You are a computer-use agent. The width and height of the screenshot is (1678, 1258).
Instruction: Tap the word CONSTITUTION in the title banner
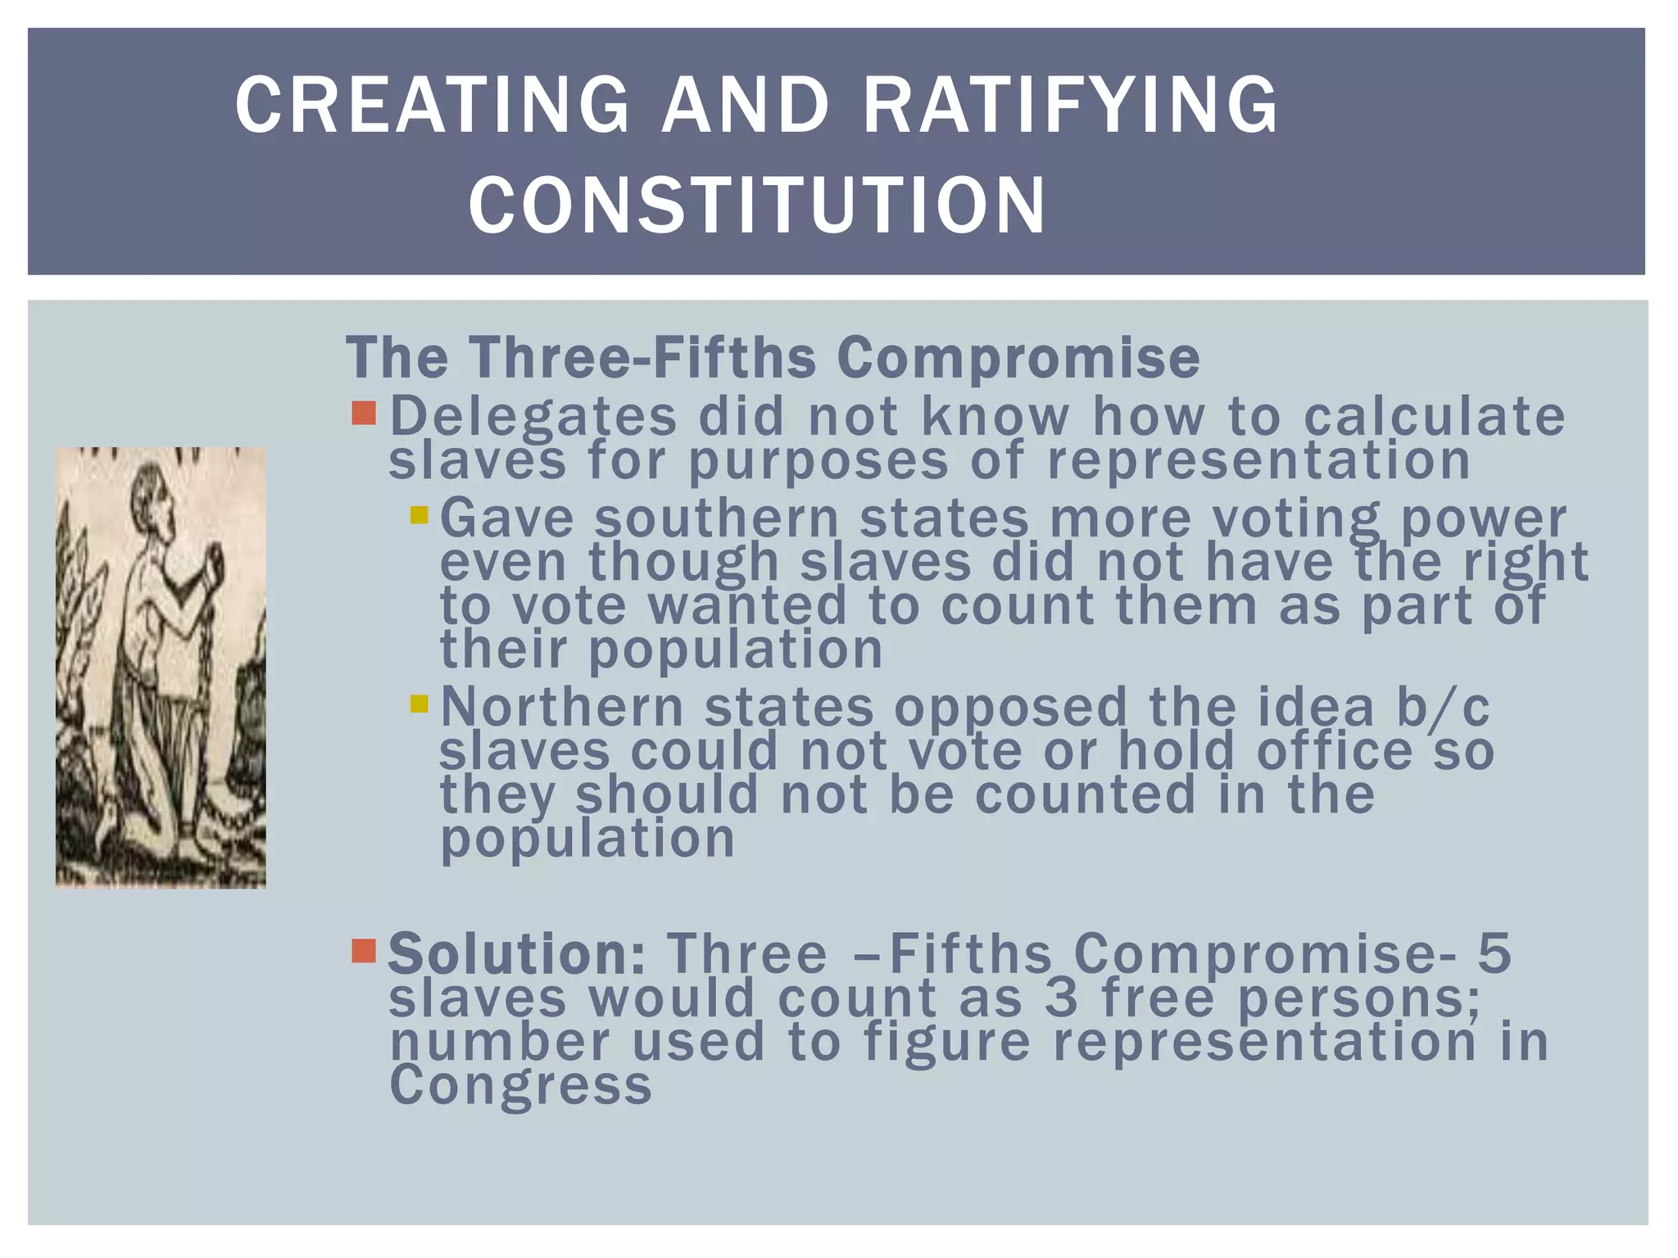757,205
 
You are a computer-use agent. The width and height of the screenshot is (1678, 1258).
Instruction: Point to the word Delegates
533,416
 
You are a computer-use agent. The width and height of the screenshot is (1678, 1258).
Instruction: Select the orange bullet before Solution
363,951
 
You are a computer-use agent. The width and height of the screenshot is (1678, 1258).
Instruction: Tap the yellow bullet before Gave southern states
419,515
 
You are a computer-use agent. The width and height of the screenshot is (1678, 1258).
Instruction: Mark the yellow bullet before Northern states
419,704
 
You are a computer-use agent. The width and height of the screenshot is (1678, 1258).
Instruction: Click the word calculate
1434,416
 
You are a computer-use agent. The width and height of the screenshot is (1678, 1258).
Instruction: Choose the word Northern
561,707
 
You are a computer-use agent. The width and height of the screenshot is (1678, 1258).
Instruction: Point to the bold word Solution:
517,954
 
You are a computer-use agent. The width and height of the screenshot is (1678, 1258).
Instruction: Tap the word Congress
520,1084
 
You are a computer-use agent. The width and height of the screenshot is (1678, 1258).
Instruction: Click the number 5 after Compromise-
1494,954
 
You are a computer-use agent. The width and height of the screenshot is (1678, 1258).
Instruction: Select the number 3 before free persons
1062,998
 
